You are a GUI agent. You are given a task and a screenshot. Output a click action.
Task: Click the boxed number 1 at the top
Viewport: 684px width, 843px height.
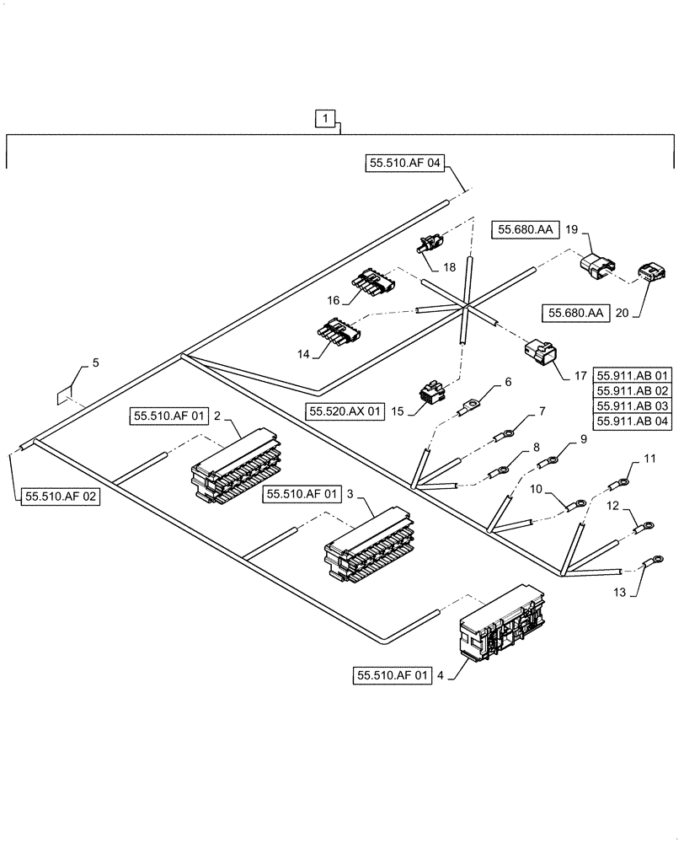click(x=327, y=120)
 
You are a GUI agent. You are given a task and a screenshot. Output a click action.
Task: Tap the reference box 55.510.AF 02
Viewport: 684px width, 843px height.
click(x=61, y=497)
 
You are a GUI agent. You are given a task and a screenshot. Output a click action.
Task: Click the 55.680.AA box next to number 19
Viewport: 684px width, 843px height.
click(x=526, y=229)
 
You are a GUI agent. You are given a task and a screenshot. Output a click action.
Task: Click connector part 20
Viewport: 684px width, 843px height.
click(x=646, y=272)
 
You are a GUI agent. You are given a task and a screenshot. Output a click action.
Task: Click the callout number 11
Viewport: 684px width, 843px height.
click(x=649, y=459)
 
